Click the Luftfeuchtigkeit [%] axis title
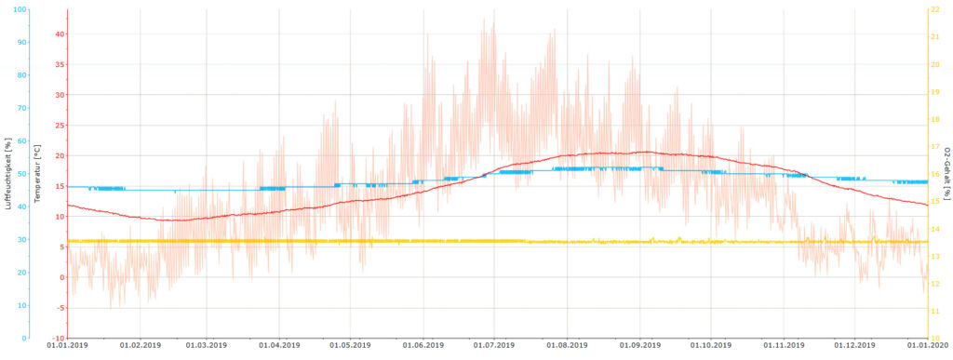point(7,173)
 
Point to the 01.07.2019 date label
point(493,346)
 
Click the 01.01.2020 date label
point(927,346)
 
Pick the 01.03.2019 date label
point(206,346)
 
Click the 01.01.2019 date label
point(67,346)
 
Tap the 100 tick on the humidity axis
point(21,9)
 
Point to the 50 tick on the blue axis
point(23,174)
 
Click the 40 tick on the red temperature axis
point(59,34)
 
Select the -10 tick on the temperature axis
point(58,339)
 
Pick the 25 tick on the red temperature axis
point(59,126)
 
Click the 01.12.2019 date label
point(854,346)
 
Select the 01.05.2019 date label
point(350,346)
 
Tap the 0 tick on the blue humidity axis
point(25,339)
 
